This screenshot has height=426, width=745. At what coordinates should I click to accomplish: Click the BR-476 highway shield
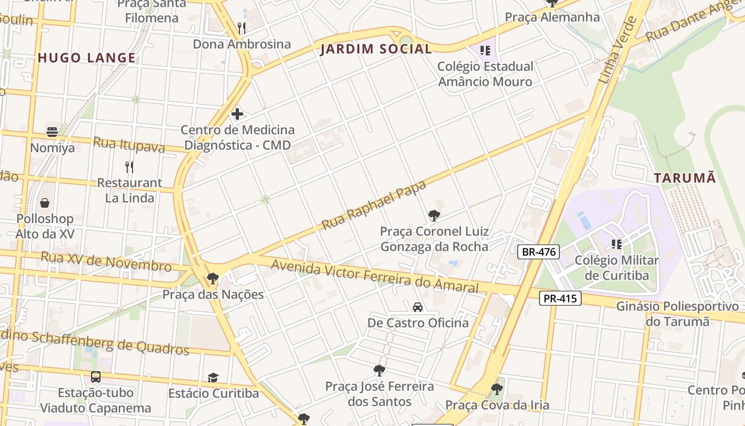(x=539, y=252)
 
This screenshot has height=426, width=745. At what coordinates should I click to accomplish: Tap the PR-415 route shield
(x=560, y=298)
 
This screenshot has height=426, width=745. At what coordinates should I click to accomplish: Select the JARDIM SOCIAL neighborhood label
(x=376, y=49)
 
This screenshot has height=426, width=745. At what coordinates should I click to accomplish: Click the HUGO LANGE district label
(x=87, y=58)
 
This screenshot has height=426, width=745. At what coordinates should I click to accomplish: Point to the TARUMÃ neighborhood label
(x=685, y=178)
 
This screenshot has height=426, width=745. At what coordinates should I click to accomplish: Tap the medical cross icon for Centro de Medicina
(x=237, y=113)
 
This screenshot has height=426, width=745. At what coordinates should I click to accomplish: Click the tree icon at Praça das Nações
(x=213, y=278)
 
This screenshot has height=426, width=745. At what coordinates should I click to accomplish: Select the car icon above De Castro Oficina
(x=418, y=307)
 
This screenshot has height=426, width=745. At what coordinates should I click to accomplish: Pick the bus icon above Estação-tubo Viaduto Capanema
(x=96, y=377)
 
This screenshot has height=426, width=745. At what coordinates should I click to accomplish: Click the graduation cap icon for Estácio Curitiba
(x=213, y=378)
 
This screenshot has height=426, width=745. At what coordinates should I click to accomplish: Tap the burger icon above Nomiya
(x=52, y=132)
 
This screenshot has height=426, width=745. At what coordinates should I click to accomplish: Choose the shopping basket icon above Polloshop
(x=45, y=203)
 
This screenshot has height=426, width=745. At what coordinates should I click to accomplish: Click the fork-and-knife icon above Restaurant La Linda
(x=129, y=167)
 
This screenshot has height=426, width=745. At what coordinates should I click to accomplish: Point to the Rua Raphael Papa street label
(x=374, y=206)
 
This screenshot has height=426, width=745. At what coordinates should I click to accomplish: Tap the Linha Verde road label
(x=617, y=50)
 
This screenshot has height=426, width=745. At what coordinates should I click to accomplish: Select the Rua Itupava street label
(x=129, y=144)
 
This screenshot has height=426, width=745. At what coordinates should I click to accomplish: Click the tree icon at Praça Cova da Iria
(x=497, y=389)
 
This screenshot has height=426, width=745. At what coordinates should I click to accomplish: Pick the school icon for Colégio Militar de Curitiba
(x=617, y=244)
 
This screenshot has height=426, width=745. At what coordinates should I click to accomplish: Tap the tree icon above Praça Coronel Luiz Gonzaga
(x=434, y=216)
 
